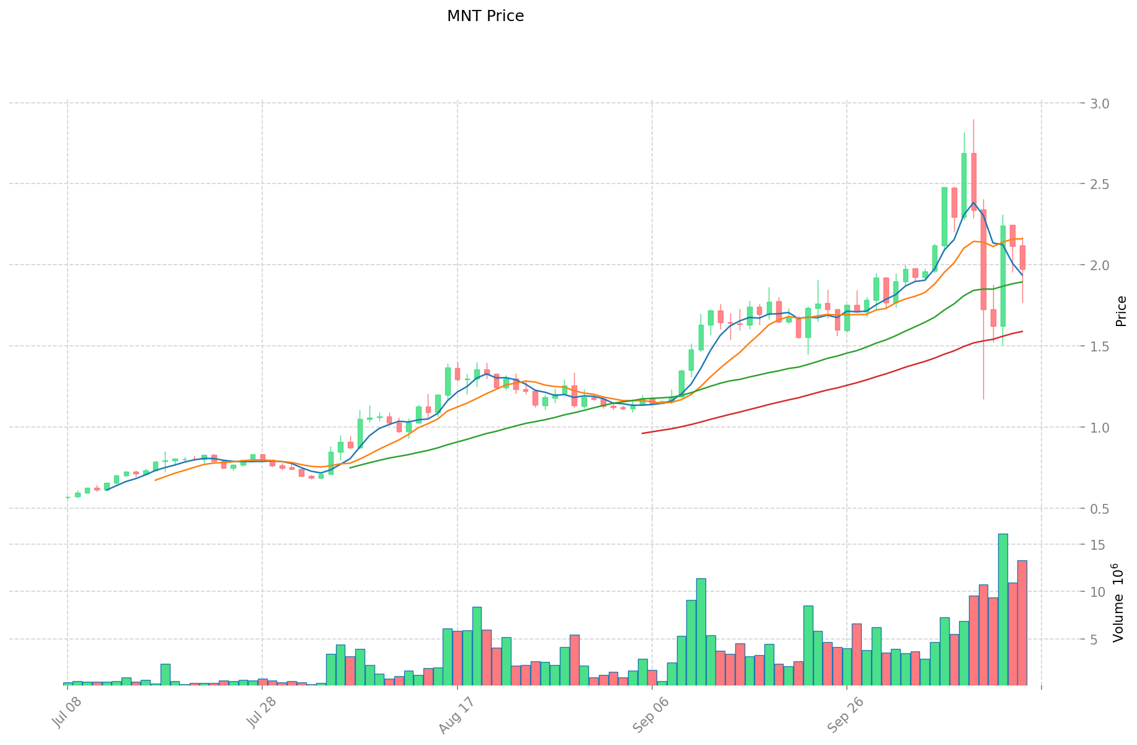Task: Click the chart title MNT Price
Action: (x=485, y=16)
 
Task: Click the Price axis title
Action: (x=1120, y=311)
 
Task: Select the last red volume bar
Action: (x=1022, y=622)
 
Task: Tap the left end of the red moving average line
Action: (x=642, y=433)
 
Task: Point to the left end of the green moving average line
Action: (x=350, y=467)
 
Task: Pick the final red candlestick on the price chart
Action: (x=1022, y=257)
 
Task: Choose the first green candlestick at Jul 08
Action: (x=68, y=497)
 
